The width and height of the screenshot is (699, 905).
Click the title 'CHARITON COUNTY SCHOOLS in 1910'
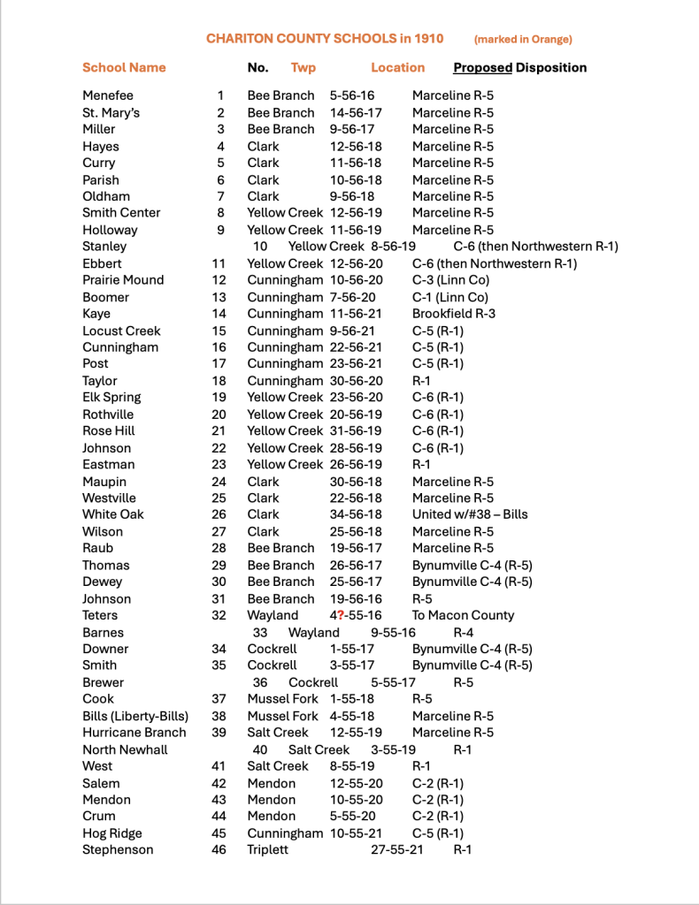325,39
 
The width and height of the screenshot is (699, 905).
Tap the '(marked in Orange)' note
523,39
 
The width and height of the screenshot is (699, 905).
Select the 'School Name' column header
124,67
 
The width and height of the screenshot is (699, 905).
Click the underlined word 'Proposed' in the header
482,67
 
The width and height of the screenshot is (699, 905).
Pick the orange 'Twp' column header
303,67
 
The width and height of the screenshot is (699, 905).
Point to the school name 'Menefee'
108,95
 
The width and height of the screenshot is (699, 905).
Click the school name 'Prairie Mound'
123,280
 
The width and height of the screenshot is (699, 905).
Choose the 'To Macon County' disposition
463,615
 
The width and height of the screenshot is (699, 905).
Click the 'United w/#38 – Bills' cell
470,514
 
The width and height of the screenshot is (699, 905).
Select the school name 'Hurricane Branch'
134,733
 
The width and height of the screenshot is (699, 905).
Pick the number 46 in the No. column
219,850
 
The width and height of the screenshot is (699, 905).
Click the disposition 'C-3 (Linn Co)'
450,280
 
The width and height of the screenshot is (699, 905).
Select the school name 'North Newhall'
125,749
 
